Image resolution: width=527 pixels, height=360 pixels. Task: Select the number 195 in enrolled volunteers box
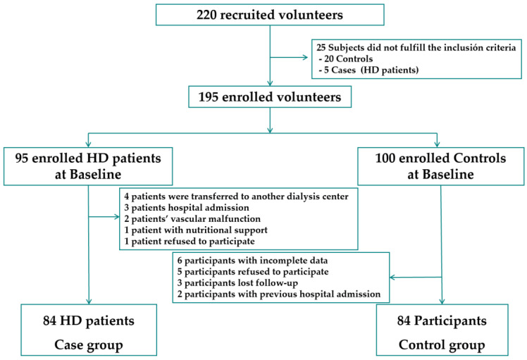(x=209, y=97)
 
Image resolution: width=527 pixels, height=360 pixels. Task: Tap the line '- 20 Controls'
(x=346, y=58)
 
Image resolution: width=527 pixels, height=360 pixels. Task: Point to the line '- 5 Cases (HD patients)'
(x=368, y=70)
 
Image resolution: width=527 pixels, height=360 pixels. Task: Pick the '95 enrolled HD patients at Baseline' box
(x=88, y=166)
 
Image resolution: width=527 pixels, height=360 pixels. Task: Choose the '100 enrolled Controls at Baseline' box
(x=440, y=166)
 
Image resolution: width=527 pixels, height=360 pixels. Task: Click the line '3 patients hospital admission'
(x=187, y=207)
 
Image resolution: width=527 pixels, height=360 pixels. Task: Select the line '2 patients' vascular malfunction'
(x=192, y=219)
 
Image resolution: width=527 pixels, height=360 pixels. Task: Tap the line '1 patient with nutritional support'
(x=196, y=230)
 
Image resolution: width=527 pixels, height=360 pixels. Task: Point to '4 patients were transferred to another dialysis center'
(x=236, y=197)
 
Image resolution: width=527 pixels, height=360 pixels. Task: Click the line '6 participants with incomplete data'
(x=252, y=261)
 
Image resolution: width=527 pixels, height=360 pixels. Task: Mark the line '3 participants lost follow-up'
(x=237, y=283)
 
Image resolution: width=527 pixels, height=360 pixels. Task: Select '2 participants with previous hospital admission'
(x=279, y=294)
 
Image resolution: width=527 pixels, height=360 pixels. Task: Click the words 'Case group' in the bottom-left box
(x=89, y=345)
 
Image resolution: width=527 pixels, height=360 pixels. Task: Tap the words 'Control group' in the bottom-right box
(x=442, y=345)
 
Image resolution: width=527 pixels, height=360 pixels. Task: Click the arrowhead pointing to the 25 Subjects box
(x=305, y=58)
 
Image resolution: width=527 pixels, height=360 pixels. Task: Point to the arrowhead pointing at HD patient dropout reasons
(x=117, y=217)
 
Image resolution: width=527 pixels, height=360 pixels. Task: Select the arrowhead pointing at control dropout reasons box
(x=392, y=278)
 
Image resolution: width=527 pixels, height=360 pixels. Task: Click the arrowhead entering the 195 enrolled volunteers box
(x=270, y=83)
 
